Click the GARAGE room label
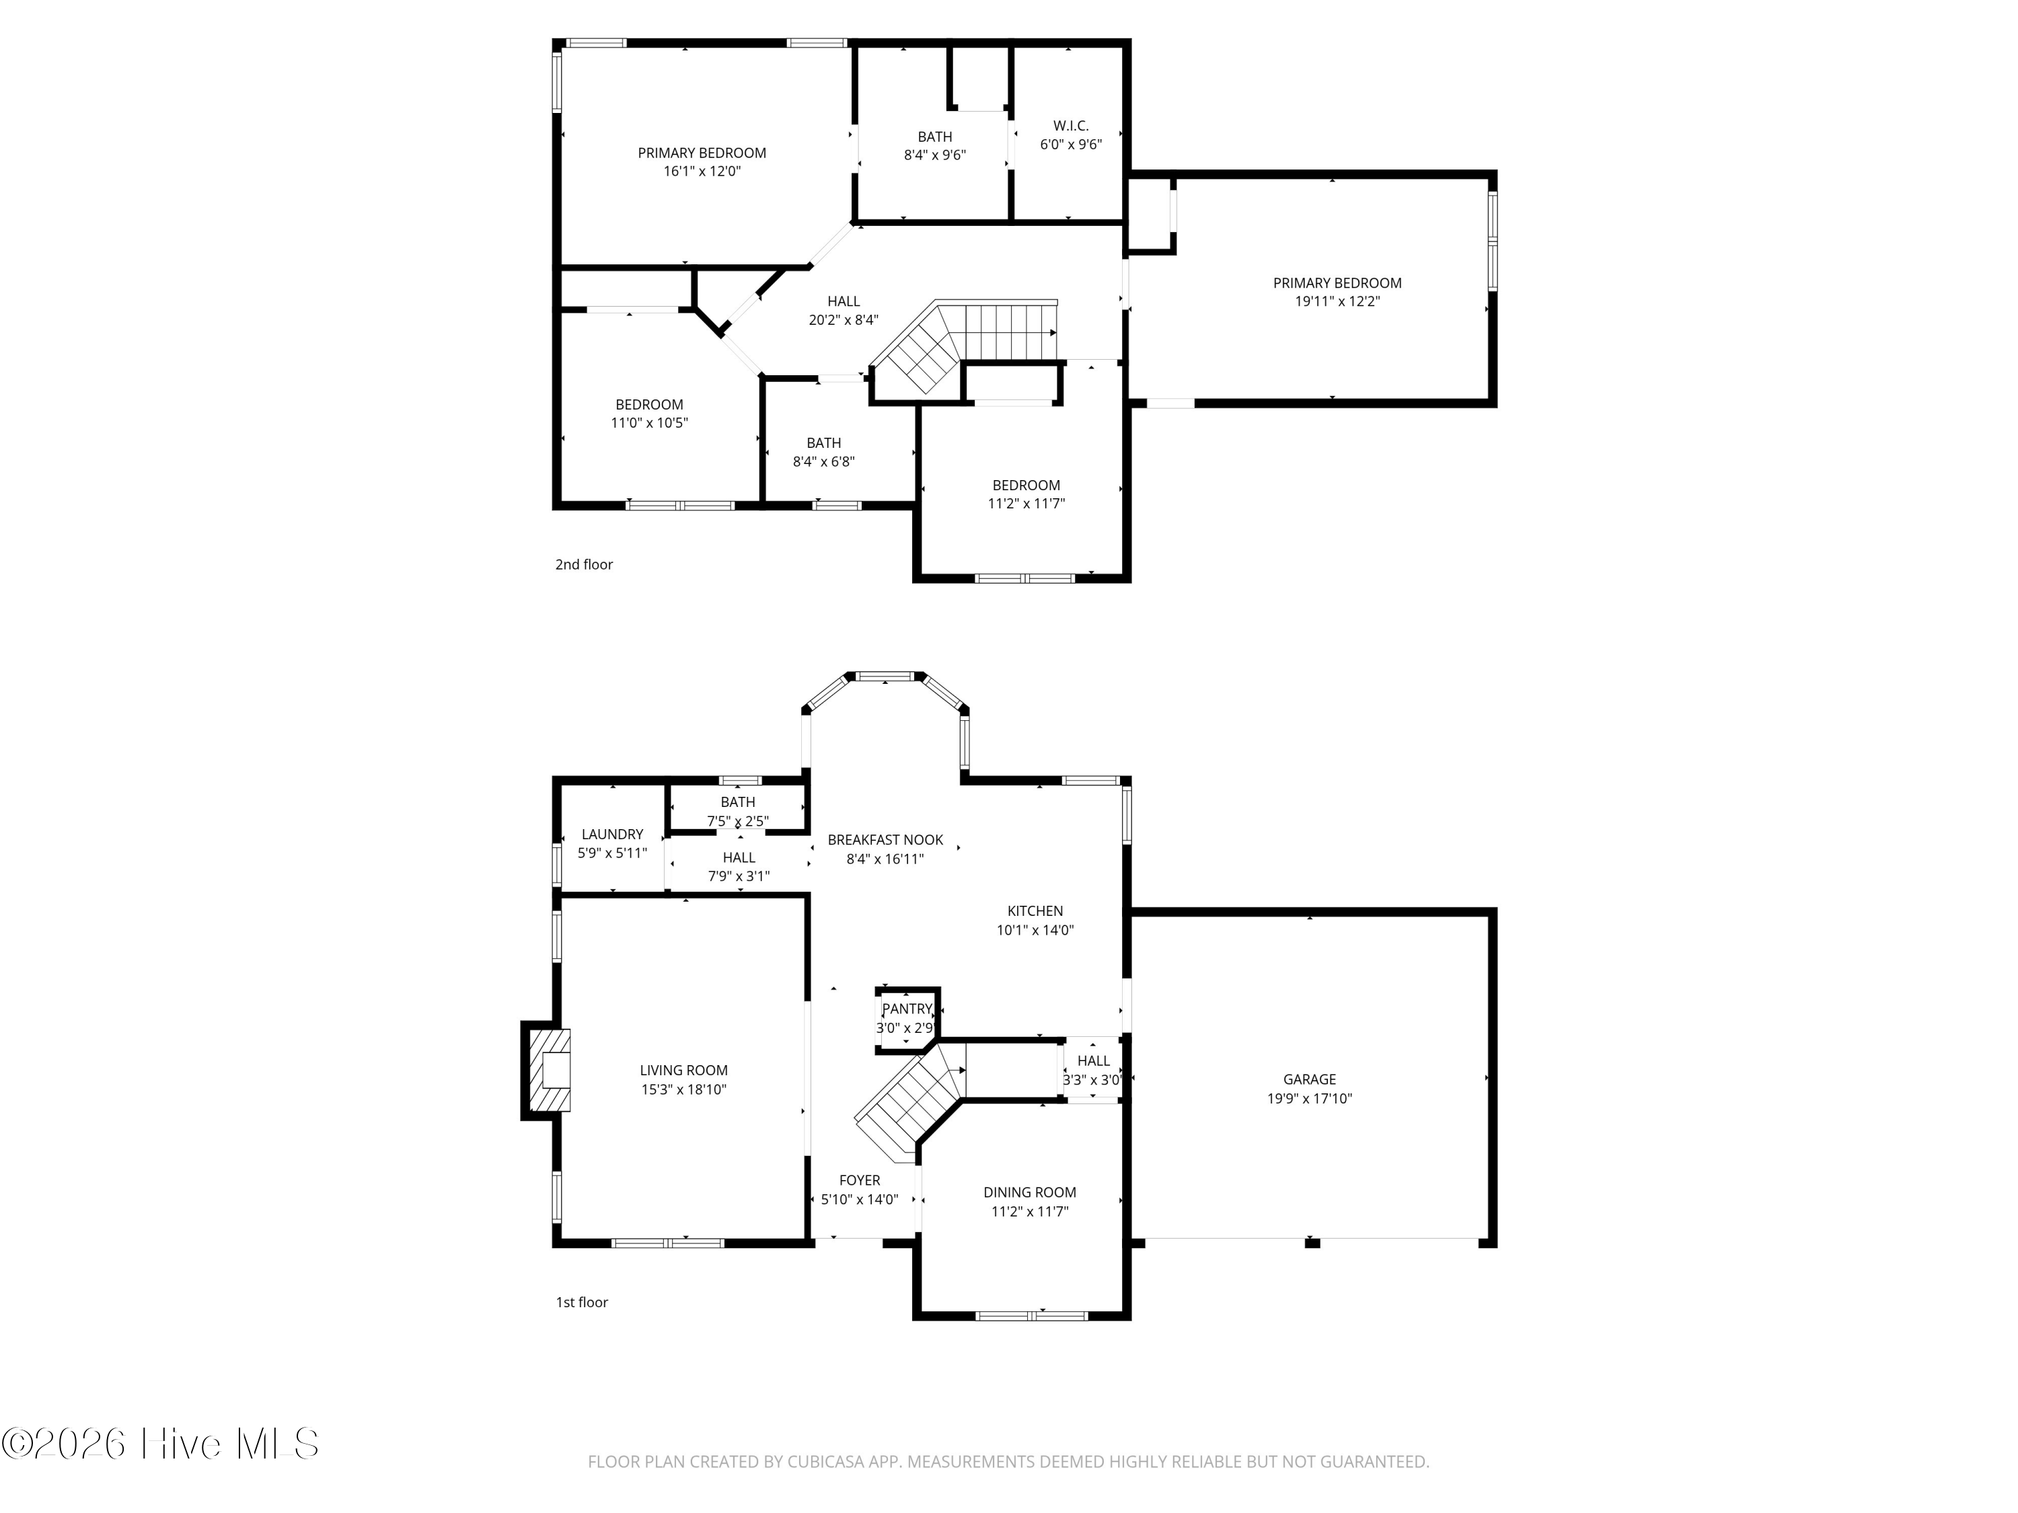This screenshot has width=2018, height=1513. (1309, 1079)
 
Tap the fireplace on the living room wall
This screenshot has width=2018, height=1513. (548, 1071)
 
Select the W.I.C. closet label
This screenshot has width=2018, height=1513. (1071, 126)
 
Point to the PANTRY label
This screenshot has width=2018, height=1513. (907, 1009)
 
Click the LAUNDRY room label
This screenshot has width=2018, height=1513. (612, 835)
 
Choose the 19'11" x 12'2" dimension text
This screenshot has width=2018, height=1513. (1337, 302)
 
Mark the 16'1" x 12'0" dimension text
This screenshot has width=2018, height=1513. (702, 171)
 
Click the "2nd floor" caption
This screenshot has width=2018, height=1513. (584, 565)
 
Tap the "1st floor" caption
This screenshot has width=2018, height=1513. (582, 1303)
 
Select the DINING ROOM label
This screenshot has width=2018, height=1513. (1030, 1193)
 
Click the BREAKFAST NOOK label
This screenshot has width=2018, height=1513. (885, 840)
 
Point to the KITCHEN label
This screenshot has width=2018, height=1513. (1035, 911)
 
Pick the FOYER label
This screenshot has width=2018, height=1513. (860, 1180)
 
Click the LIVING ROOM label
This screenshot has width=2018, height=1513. (683, 1071)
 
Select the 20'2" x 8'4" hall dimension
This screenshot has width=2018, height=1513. (843, 320)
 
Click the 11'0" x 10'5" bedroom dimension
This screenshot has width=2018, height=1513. (648, 423)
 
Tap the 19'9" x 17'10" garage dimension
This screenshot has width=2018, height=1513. (1309, 1099)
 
